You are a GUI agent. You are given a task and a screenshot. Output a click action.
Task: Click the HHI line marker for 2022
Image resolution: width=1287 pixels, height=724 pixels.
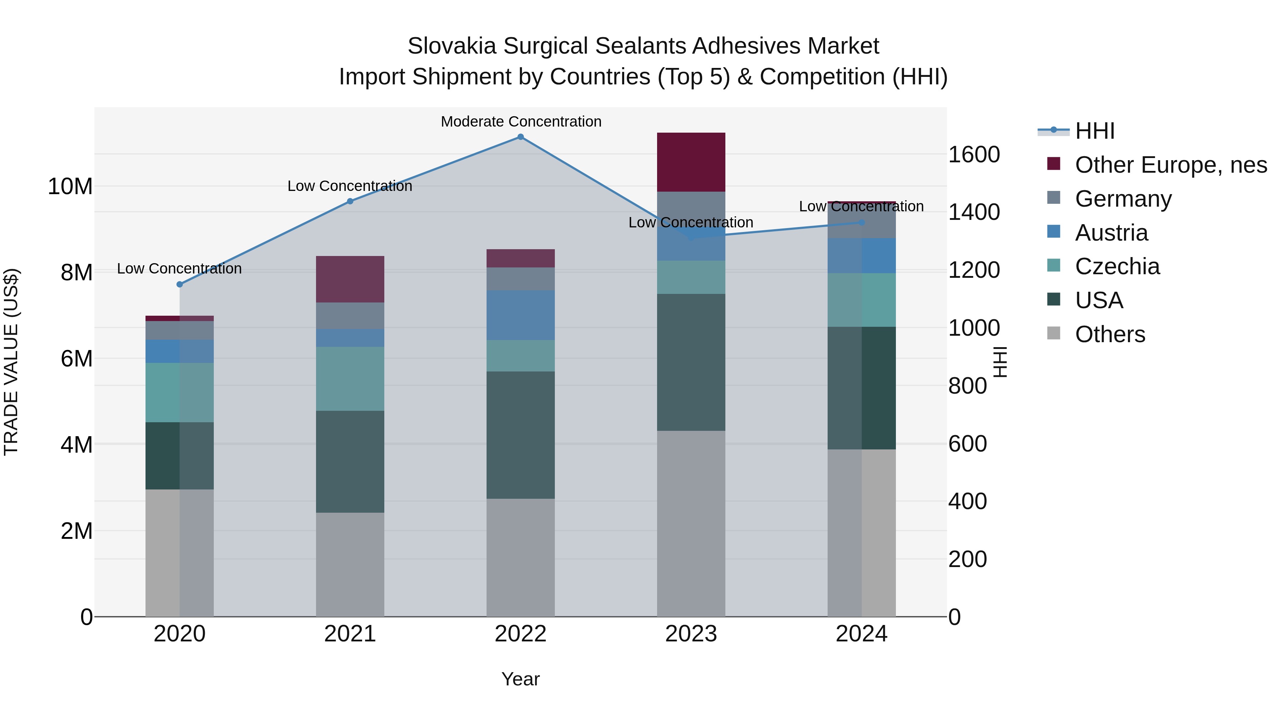[x=520, y=137]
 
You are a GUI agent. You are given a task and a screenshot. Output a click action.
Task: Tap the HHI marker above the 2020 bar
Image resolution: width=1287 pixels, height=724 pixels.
[x=180, y=284]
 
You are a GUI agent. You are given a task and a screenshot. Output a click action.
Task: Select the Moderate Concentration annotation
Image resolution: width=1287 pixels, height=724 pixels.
[x=521, y=122]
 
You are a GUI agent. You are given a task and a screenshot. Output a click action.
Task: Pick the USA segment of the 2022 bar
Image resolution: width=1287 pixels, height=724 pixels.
[x=520, y=435]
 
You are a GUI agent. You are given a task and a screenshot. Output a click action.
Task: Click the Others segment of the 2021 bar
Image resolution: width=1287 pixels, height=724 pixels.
[x=350, y=564]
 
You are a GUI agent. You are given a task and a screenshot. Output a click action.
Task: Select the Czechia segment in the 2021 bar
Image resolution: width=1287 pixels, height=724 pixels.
[x=350, y=379]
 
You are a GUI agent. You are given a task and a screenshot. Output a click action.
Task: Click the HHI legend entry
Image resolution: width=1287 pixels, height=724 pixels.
[x=1094, y=131]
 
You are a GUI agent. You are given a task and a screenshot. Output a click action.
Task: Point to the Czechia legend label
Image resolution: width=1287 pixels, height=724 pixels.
[x=1117, y=266]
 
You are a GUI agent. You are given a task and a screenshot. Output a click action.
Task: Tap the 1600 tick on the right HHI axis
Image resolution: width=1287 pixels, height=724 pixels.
[x=973, y=154]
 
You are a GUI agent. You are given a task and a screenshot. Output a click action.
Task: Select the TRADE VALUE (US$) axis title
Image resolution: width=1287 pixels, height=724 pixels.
[x=11, y=362]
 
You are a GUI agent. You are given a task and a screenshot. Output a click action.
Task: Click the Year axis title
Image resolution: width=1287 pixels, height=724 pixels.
[x=520, y=679]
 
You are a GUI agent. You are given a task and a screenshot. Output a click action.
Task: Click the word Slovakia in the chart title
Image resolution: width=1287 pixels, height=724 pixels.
[x=451, y=46]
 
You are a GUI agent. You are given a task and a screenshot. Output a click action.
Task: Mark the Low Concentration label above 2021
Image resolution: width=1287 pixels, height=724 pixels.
[x=350, y=186]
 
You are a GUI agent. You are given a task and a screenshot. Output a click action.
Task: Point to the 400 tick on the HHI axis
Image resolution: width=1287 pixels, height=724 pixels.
[x=967, y=501]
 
